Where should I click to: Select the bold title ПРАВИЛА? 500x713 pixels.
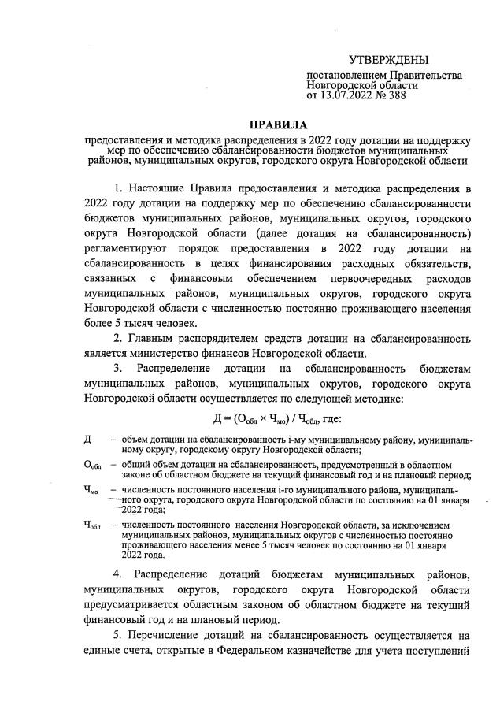279,124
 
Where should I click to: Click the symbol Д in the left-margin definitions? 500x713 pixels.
87,438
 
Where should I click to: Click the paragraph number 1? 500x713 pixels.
118,190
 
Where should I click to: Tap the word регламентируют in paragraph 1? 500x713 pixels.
123,250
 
